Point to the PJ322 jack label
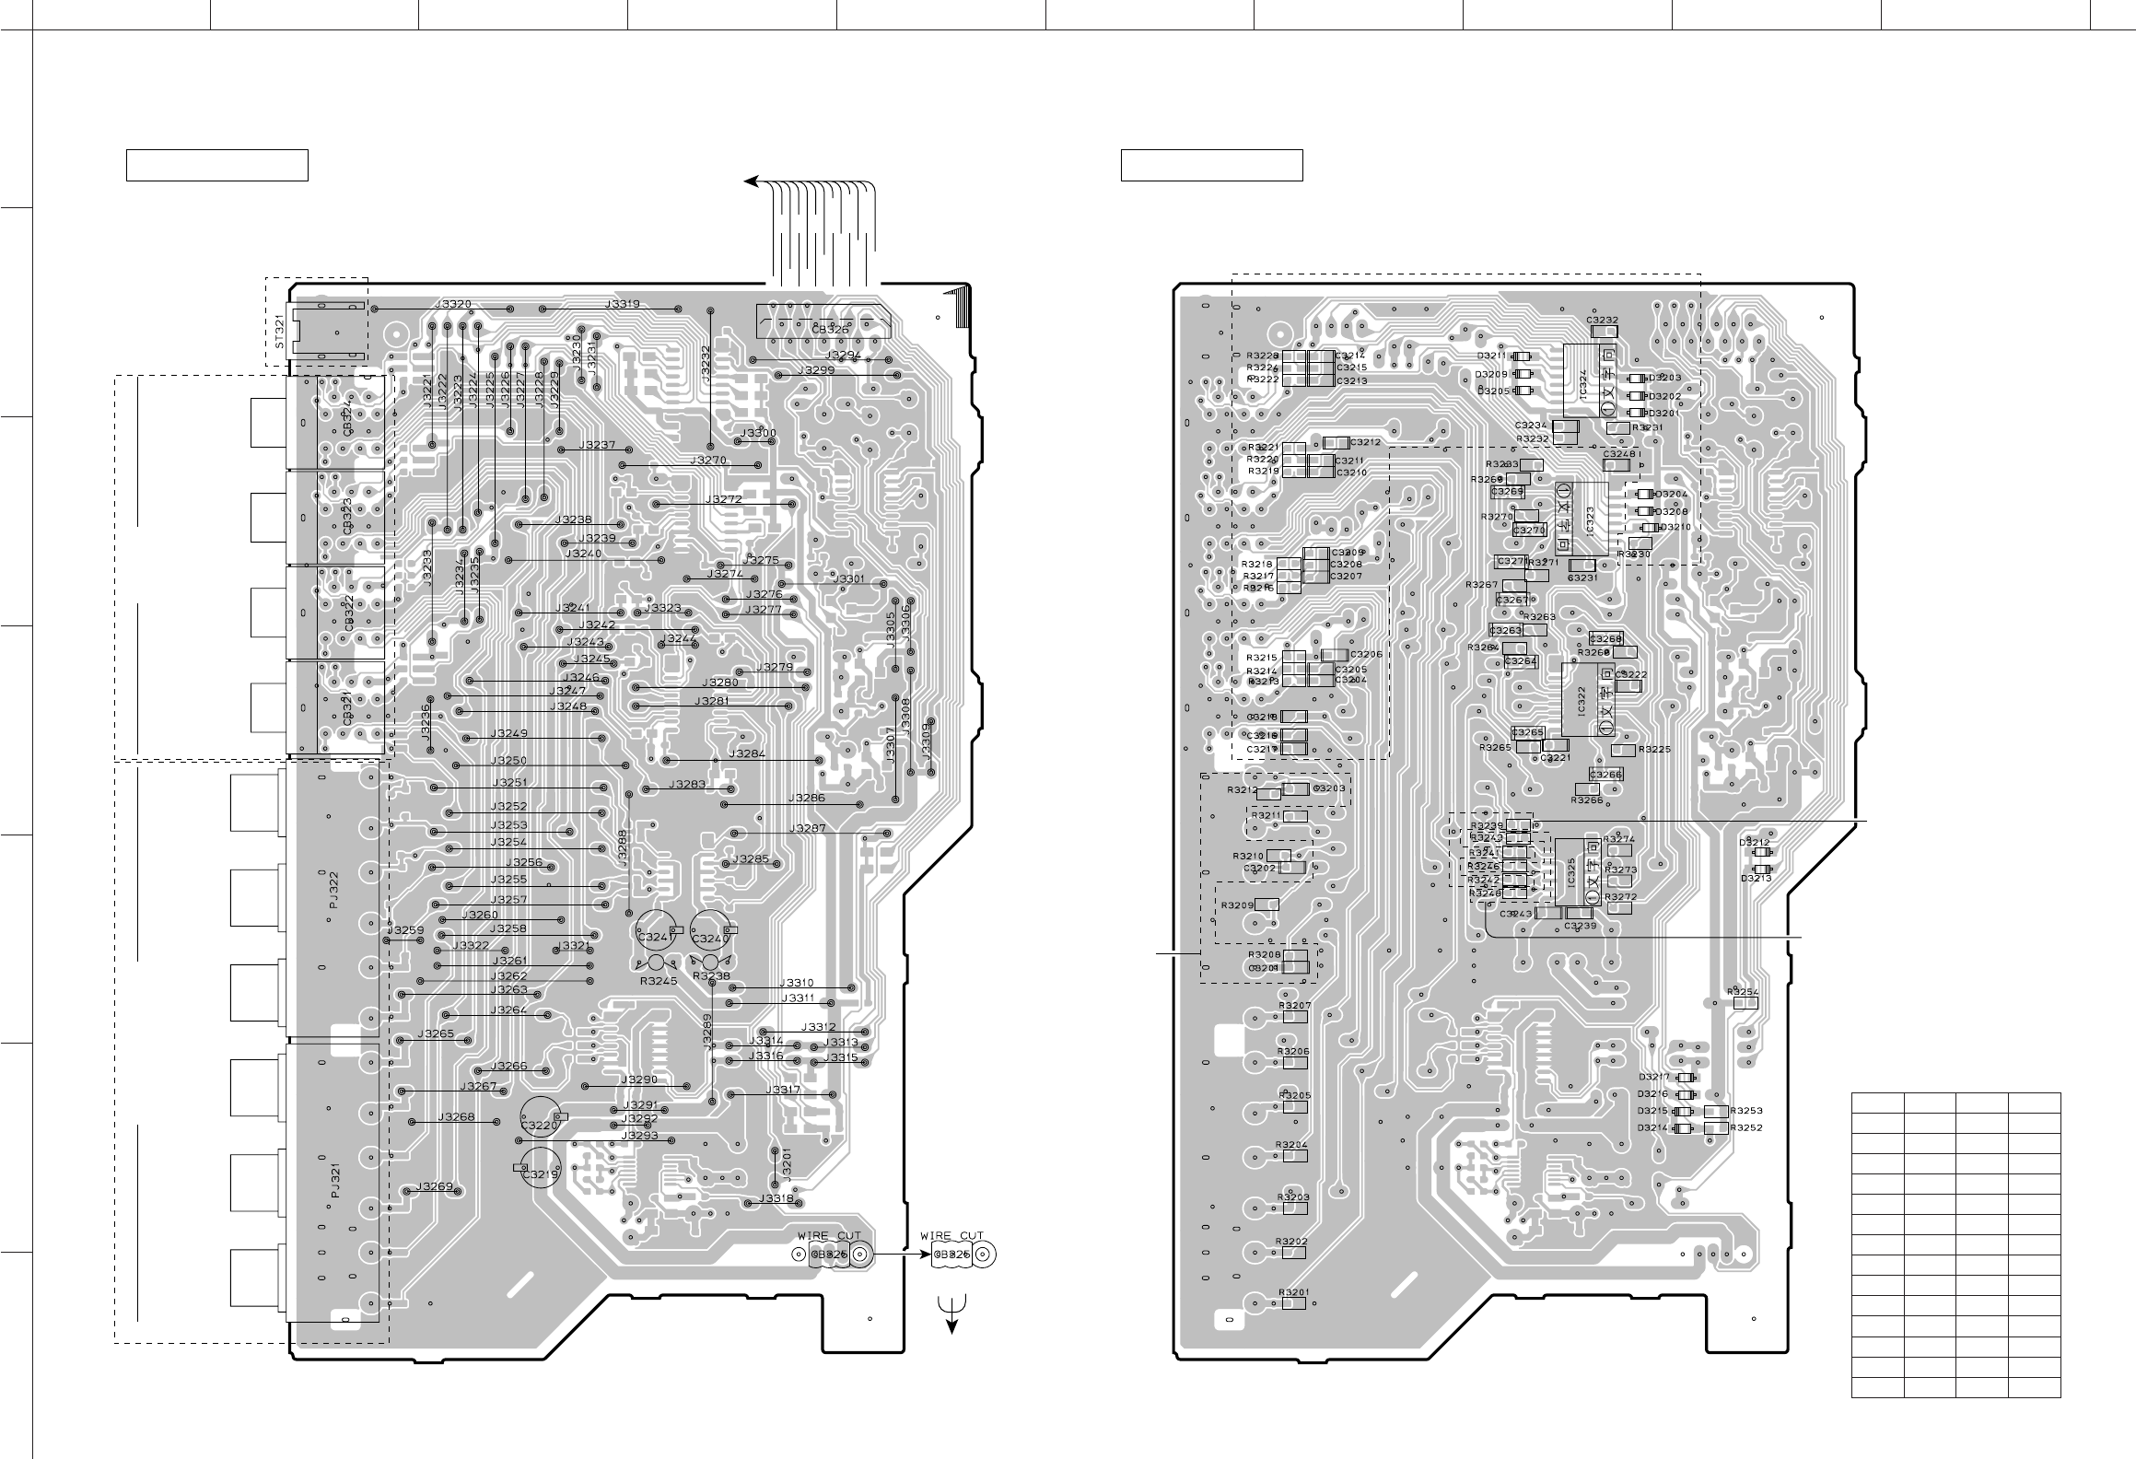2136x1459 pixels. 334,891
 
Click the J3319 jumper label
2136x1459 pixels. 623,304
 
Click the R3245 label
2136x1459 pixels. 659,981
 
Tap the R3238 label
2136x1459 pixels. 711,975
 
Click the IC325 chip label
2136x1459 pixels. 1575,874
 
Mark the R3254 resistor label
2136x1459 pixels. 1744,992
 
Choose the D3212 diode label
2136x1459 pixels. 1754,843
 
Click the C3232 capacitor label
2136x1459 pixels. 1604,321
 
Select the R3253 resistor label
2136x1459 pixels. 1746,1111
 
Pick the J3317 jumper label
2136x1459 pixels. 783,1091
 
